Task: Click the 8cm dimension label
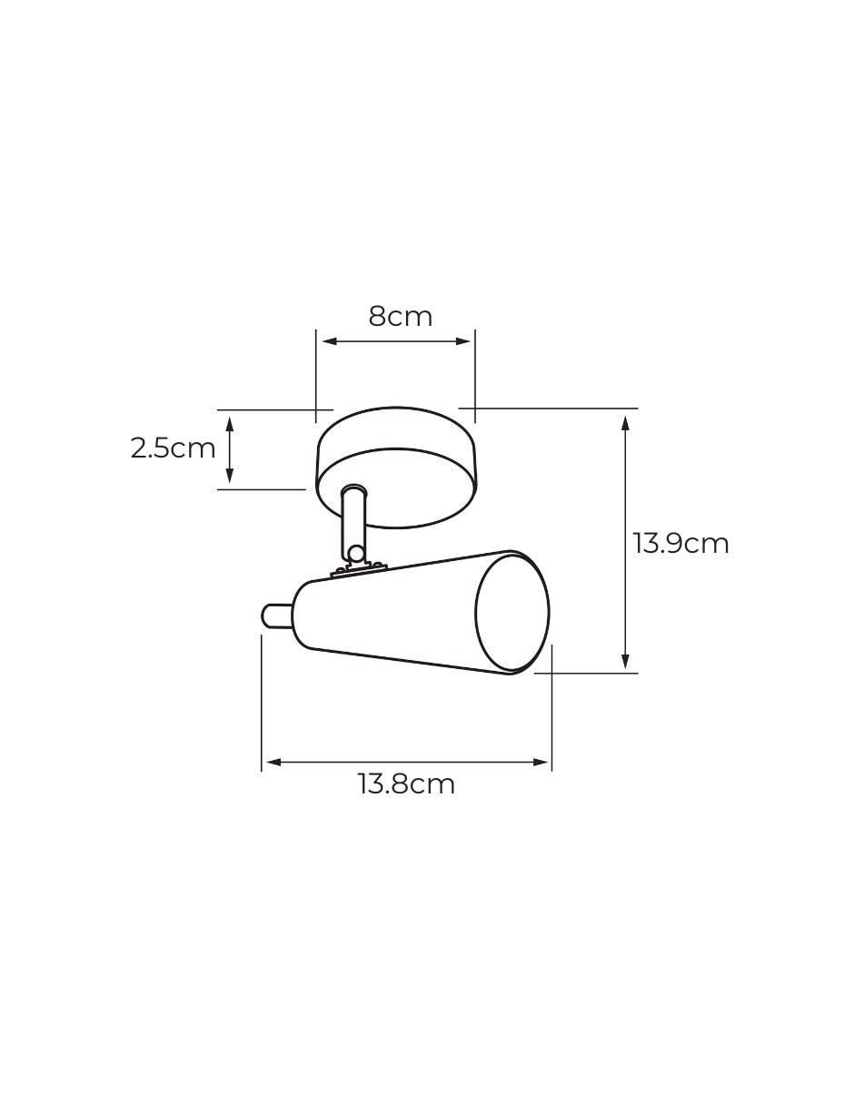click(x=400, y=317)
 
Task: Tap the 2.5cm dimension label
click(x=173, y=448)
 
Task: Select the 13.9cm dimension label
click(x=680, y=544)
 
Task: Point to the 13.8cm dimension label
click(x=407, y=784)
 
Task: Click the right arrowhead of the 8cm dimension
click(x=463, y=341)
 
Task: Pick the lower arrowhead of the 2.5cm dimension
click(x=230, y=476)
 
